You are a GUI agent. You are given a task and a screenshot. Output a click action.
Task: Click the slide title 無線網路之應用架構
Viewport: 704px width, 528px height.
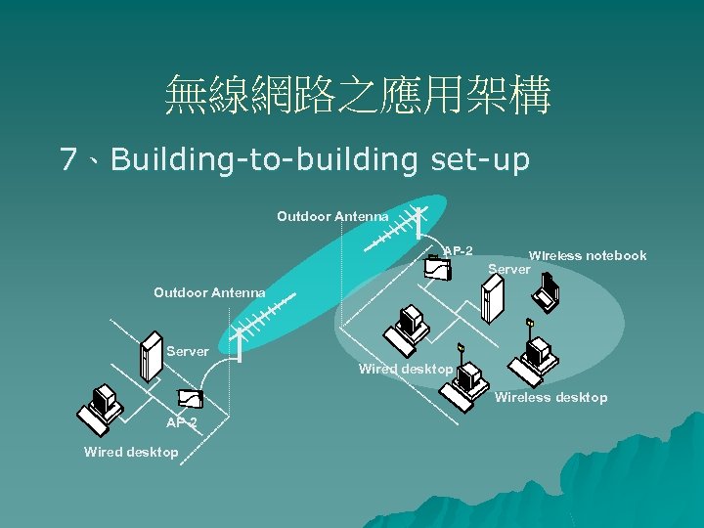click(x=358, y=96)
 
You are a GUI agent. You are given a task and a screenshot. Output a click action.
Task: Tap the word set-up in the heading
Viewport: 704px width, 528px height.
click(x=479, y=159)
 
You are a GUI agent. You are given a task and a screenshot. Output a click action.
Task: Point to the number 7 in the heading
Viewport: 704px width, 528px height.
click(x=68, y=159)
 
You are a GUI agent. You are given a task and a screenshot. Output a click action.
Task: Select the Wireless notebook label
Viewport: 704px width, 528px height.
click(x=588, y=255)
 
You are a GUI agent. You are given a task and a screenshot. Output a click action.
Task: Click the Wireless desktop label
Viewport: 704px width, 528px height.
click(x=550, y=397)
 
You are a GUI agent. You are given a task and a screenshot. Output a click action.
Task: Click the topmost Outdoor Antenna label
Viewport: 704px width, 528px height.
click(x=332, y=215)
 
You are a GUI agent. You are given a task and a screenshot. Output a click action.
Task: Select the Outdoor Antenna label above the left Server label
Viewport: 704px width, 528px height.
click(x=209, y=291)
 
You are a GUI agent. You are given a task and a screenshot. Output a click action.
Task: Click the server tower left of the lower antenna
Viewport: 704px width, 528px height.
click(x=151, y=358)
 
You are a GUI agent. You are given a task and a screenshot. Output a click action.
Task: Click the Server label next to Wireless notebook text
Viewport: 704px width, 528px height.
click(x=508, y=269)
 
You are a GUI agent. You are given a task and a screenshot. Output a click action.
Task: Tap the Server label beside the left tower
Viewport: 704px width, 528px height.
click(x=188, y=350)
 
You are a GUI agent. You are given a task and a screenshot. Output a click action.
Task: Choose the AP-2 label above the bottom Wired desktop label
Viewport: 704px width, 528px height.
click(x=181, y=422)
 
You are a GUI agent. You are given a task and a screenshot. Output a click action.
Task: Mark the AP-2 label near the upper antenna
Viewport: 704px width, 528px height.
click(x=459, y=250)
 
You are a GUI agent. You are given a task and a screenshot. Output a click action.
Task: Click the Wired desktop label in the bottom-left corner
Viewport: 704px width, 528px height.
click(x=131, y=452)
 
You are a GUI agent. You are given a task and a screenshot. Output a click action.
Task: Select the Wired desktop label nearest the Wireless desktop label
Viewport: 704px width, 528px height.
click(x=405, y=369)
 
